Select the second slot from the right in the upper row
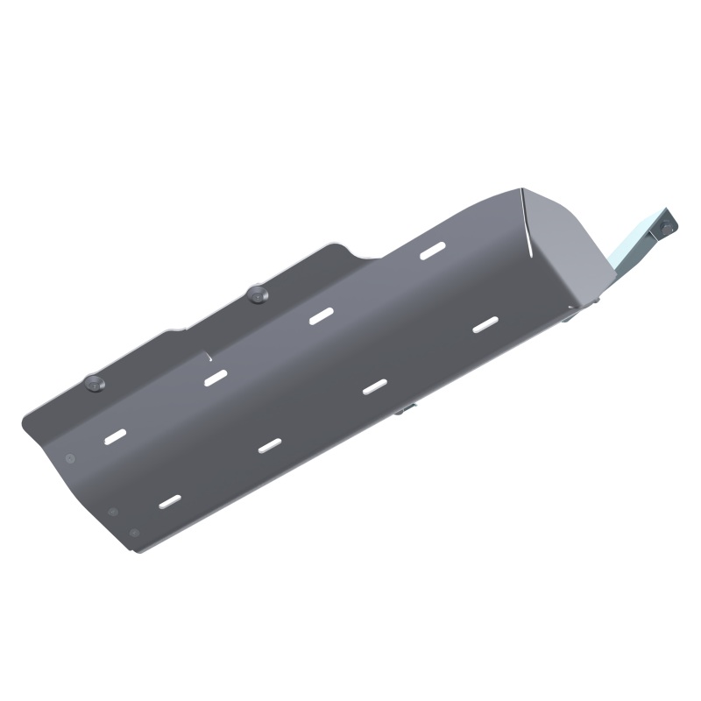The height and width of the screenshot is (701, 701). click(x=322, y=316)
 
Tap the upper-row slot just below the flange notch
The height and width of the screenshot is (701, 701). click(x=216, y=379)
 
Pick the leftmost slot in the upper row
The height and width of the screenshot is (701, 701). click(x=115, y=435)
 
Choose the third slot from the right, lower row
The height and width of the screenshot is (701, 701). click(x=270, y=444)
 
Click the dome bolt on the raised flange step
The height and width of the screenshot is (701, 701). click(x=258, y=293)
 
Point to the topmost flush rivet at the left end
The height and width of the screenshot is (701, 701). click(x=69, y=457)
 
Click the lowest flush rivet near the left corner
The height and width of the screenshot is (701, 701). click(x=132, y=532)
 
